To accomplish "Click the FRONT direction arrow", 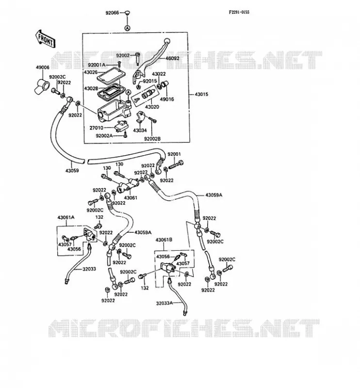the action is click(x=45, y=39).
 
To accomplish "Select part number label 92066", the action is click(x=112, y=13).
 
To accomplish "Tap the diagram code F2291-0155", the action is click(x=239, y=12).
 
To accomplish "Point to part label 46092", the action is click(x=172, y=59).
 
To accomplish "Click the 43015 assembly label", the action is click(x=201, y=94).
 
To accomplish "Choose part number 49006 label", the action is click(x=43, y=67).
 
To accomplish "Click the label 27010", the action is click(x=97, y=128).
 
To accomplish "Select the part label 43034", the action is click(x=140, y=130).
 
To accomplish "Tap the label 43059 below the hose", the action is click(x=72, y=171).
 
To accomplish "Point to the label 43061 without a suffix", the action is click(x=131, y=198).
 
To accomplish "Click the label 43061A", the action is click(x=66, y=217).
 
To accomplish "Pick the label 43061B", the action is click(x=164, y=240).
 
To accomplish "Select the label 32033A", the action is click(x=164, y=303).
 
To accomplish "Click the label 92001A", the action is click(x=97, y=65).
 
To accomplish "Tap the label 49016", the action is click(x=167, y=99).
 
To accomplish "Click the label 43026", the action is click(x=91, y=72).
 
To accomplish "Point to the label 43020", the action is click(x=152, y=107).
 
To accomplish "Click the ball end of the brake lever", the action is click(x=167, y=41).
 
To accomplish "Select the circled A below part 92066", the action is click(x=127, y=28).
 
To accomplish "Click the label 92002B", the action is click(x=152, y=139).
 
